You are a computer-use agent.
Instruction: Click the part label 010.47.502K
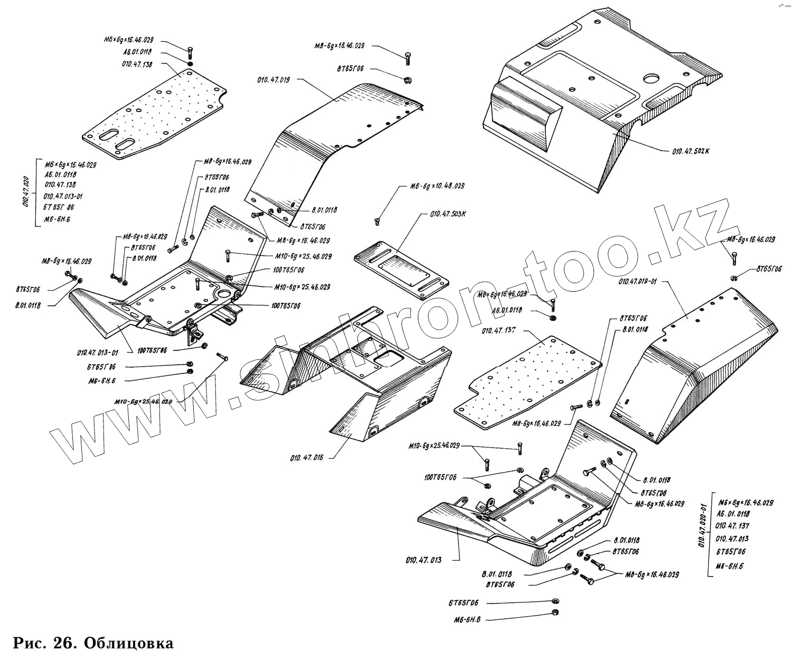691,151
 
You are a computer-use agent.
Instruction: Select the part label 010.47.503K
448,214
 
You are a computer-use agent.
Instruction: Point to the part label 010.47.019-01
638,281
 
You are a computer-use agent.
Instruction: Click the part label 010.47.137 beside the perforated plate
498,331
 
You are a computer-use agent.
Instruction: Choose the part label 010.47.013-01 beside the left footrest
98,352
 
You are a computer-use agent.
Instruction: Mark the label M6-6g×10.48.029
438,186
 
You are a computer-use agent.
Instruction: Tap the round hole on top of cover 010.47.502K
652,79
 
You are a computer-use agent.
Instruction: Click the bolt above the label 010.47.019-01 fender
734,257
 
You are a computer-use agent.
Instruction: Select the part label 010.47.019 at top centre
273,80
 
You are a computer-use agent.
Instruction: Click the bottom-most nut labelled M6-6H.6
555,612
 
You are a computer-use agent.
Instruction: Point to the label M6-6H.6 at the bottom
467,620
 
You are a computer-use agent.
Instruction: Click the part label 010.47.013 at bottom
423,560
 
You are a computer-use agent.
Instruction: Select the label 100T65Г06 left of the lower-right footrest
440,478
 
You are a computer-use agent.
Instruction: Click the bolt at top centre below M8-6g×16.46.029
408,58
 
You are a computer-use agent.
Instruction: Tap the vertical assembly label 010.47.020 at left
26,192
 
